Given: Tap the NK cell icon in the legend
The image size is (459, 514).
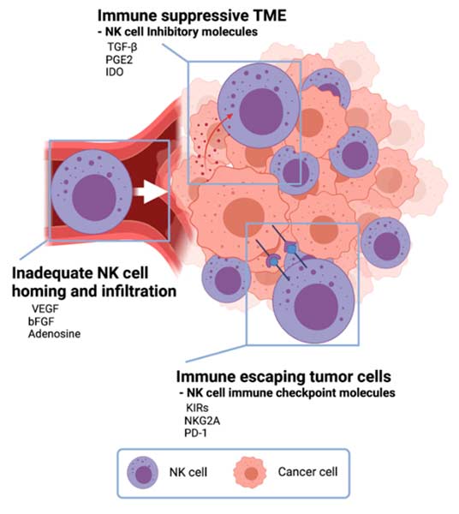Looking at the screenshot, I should point(142,474).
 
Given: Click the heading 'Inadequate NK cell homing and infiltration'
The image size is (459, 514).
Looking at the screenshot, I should point(94,282).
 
